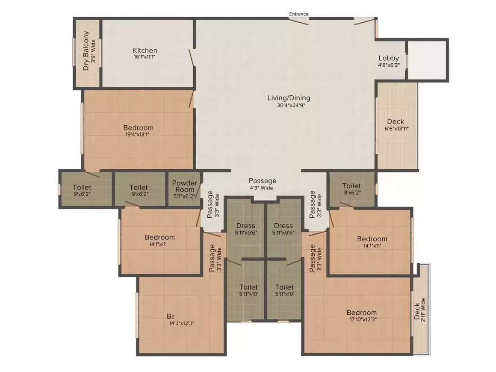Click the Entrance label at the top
(298, 14)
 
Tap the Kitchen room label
(145, 50)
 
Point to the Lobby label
(389, 58)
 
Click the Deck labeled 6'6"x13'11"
(395, 122)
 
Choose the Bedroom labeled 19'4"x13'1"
(138, 127)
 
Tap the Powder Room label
(185, 183)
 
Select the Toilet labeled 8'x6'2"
(351, 186)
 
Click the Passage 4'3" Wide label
(263, 181)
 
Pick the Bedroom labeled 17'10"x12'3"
(361, 313)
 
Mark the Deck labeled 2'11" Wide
(419, 310)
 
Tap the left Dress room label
(245, 226)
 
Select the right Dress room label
(283, 226)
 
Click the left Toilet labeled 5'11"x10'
(248, 287)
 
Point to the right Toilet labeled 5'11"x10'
(284, 287)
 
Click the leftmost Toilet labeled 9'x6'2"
(82, 187)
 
